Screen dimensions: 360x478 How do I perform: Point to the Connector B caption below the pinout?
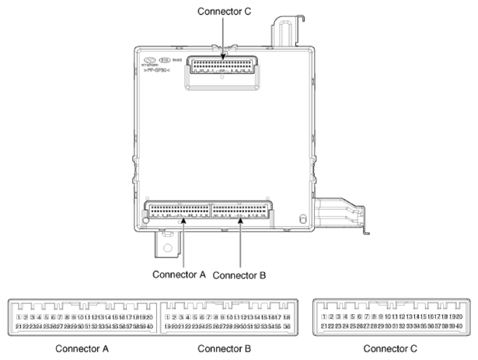[224, 349]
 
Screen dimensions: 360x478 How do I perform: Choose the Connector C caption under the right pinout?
[395, 349]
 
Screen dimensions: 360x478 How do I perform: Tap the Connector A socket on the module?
[178, 210]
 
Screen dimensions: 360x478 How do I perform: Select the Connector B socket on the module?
[243, 210]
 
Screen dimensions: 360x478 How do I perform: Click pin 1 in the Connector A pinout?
[19, 317]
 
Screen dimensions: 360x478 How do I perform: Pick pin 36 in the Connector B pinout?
[288, 327]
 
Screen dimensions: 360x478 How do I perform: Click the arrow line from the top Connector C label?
[223, 35]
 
